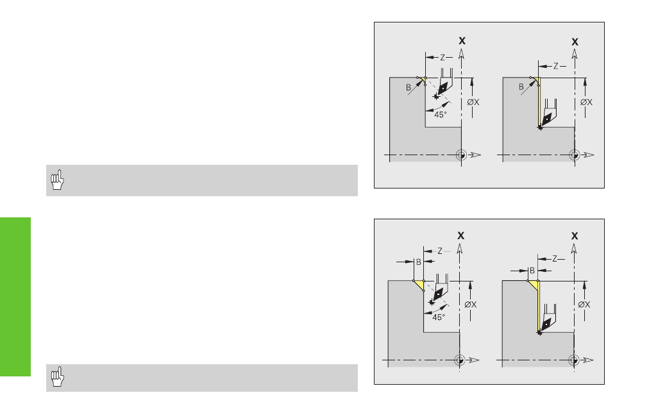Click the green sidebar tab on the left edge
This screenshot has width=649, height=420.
(15, 297)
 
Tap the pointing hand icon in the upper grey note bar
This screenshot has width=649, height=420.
(58, 180)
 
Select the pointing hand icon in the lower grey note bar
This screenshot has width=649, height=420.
(58, 376)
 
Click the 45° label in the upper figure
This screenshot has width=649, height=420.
(441, 115)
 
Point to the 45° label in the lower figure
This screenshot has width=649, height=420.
(438, 317)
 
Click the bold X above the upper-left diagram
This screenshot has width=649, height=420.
(462, 40)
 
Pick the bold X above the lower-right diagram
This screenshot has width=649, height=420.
(575, 236)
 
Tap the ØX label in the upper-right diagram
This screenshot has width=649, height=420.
(586, 102)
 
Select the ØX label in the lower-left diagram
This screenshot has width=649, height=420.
(471, 305)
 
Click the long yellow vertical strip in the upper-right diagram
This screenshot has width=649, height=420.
(539, 102)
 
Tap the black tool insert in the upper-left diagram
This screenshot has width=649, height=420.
(443, 87)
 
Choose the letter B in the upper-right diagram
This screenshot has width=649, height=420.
(521, 87)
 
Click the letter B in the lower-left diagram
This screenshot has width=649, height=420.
(419, 262)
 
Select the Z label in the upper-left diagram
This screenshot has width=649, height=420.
(442, 58)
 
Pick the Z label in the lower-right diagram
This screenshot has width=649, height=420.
(555, 259)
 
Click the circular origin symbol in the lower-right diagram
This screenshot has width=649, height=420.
(574, 360)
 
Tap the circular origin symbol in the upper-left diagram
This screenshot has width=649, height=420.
(461, 155)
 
